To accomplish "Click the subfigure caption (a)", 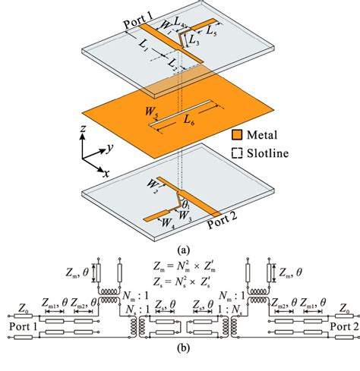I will point(180,247).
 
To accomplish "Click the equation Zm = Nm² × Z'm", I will point(181,267).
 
